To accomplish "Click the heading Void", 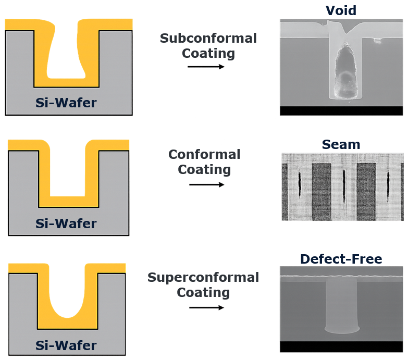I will click(x=341, y=10).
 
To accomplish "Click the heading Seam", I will click(x=341, y=144).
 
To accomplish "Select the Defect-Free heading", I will click(x=341, y=259).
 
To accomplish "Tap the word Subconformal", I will click(x=208, y=39).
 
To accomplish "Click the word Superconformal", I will click(x=203, y=277).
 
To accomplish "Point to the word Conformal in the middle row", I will click(x=204, y=155).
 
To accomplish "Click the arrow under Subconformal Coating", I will click(x=205, y=67).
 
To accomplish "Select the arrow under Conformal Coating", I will click(x=206, y=184).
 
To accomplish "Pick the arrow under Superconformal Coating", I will click(x=206, y=307).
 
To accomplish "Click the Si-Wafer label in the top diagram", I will click(x=66, y=103).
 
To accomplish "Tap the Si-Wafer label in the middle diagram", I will click(x=66, y=224).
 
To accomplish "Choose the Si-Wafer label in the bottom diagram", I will click(x=66, y=345).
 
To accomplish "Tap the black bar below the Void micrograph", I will click(x=341, y=110).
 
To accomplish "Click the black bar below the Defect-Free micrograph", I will click(x=341, y=347).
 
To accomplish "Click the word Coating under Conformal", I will click(x=204, y=170).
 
